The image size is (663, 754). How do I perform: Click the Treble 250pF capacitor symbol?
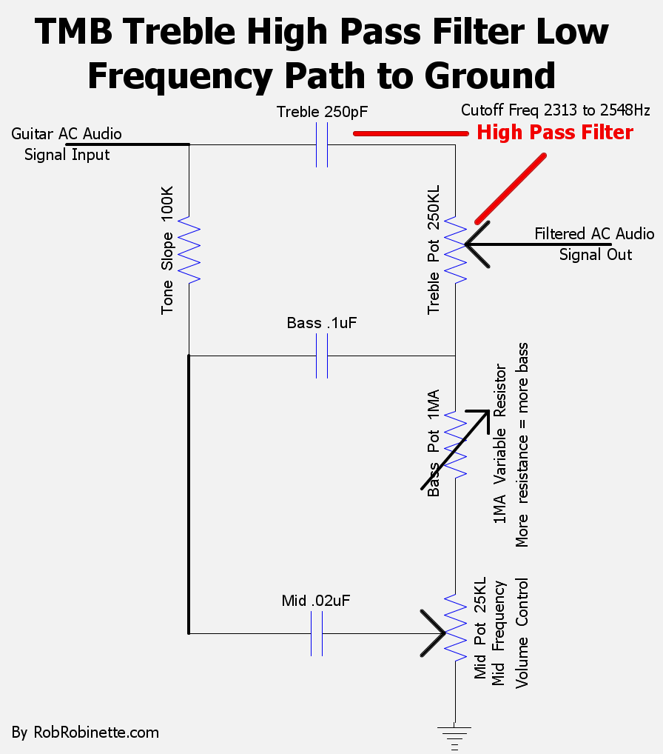(x=322, y=145)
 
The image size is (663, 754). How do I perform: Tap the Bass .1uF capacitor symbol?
(x=322, y=356)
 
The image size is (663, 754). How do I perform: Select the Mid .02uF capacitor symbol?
(x=316, y=633)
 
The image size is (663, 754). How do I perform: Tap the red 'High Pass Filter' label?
(x=555, y=133)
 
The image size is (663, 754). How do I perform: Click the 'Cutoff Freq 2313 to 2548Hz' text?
(x=556, y=111)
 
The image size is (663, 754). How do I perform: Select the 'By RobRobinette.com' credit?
(x=85, y=733)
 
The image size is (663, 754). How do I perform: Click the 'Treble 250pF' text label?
(x=322, y=113)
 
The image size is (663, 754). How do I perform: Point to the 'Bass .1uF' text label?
(x=322, y=324)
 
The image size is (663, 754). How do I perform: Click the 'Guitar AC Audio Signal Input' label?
(x=67, y=144)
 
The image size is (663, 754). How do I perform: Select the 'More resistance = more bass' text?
(x=523, y=444)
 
